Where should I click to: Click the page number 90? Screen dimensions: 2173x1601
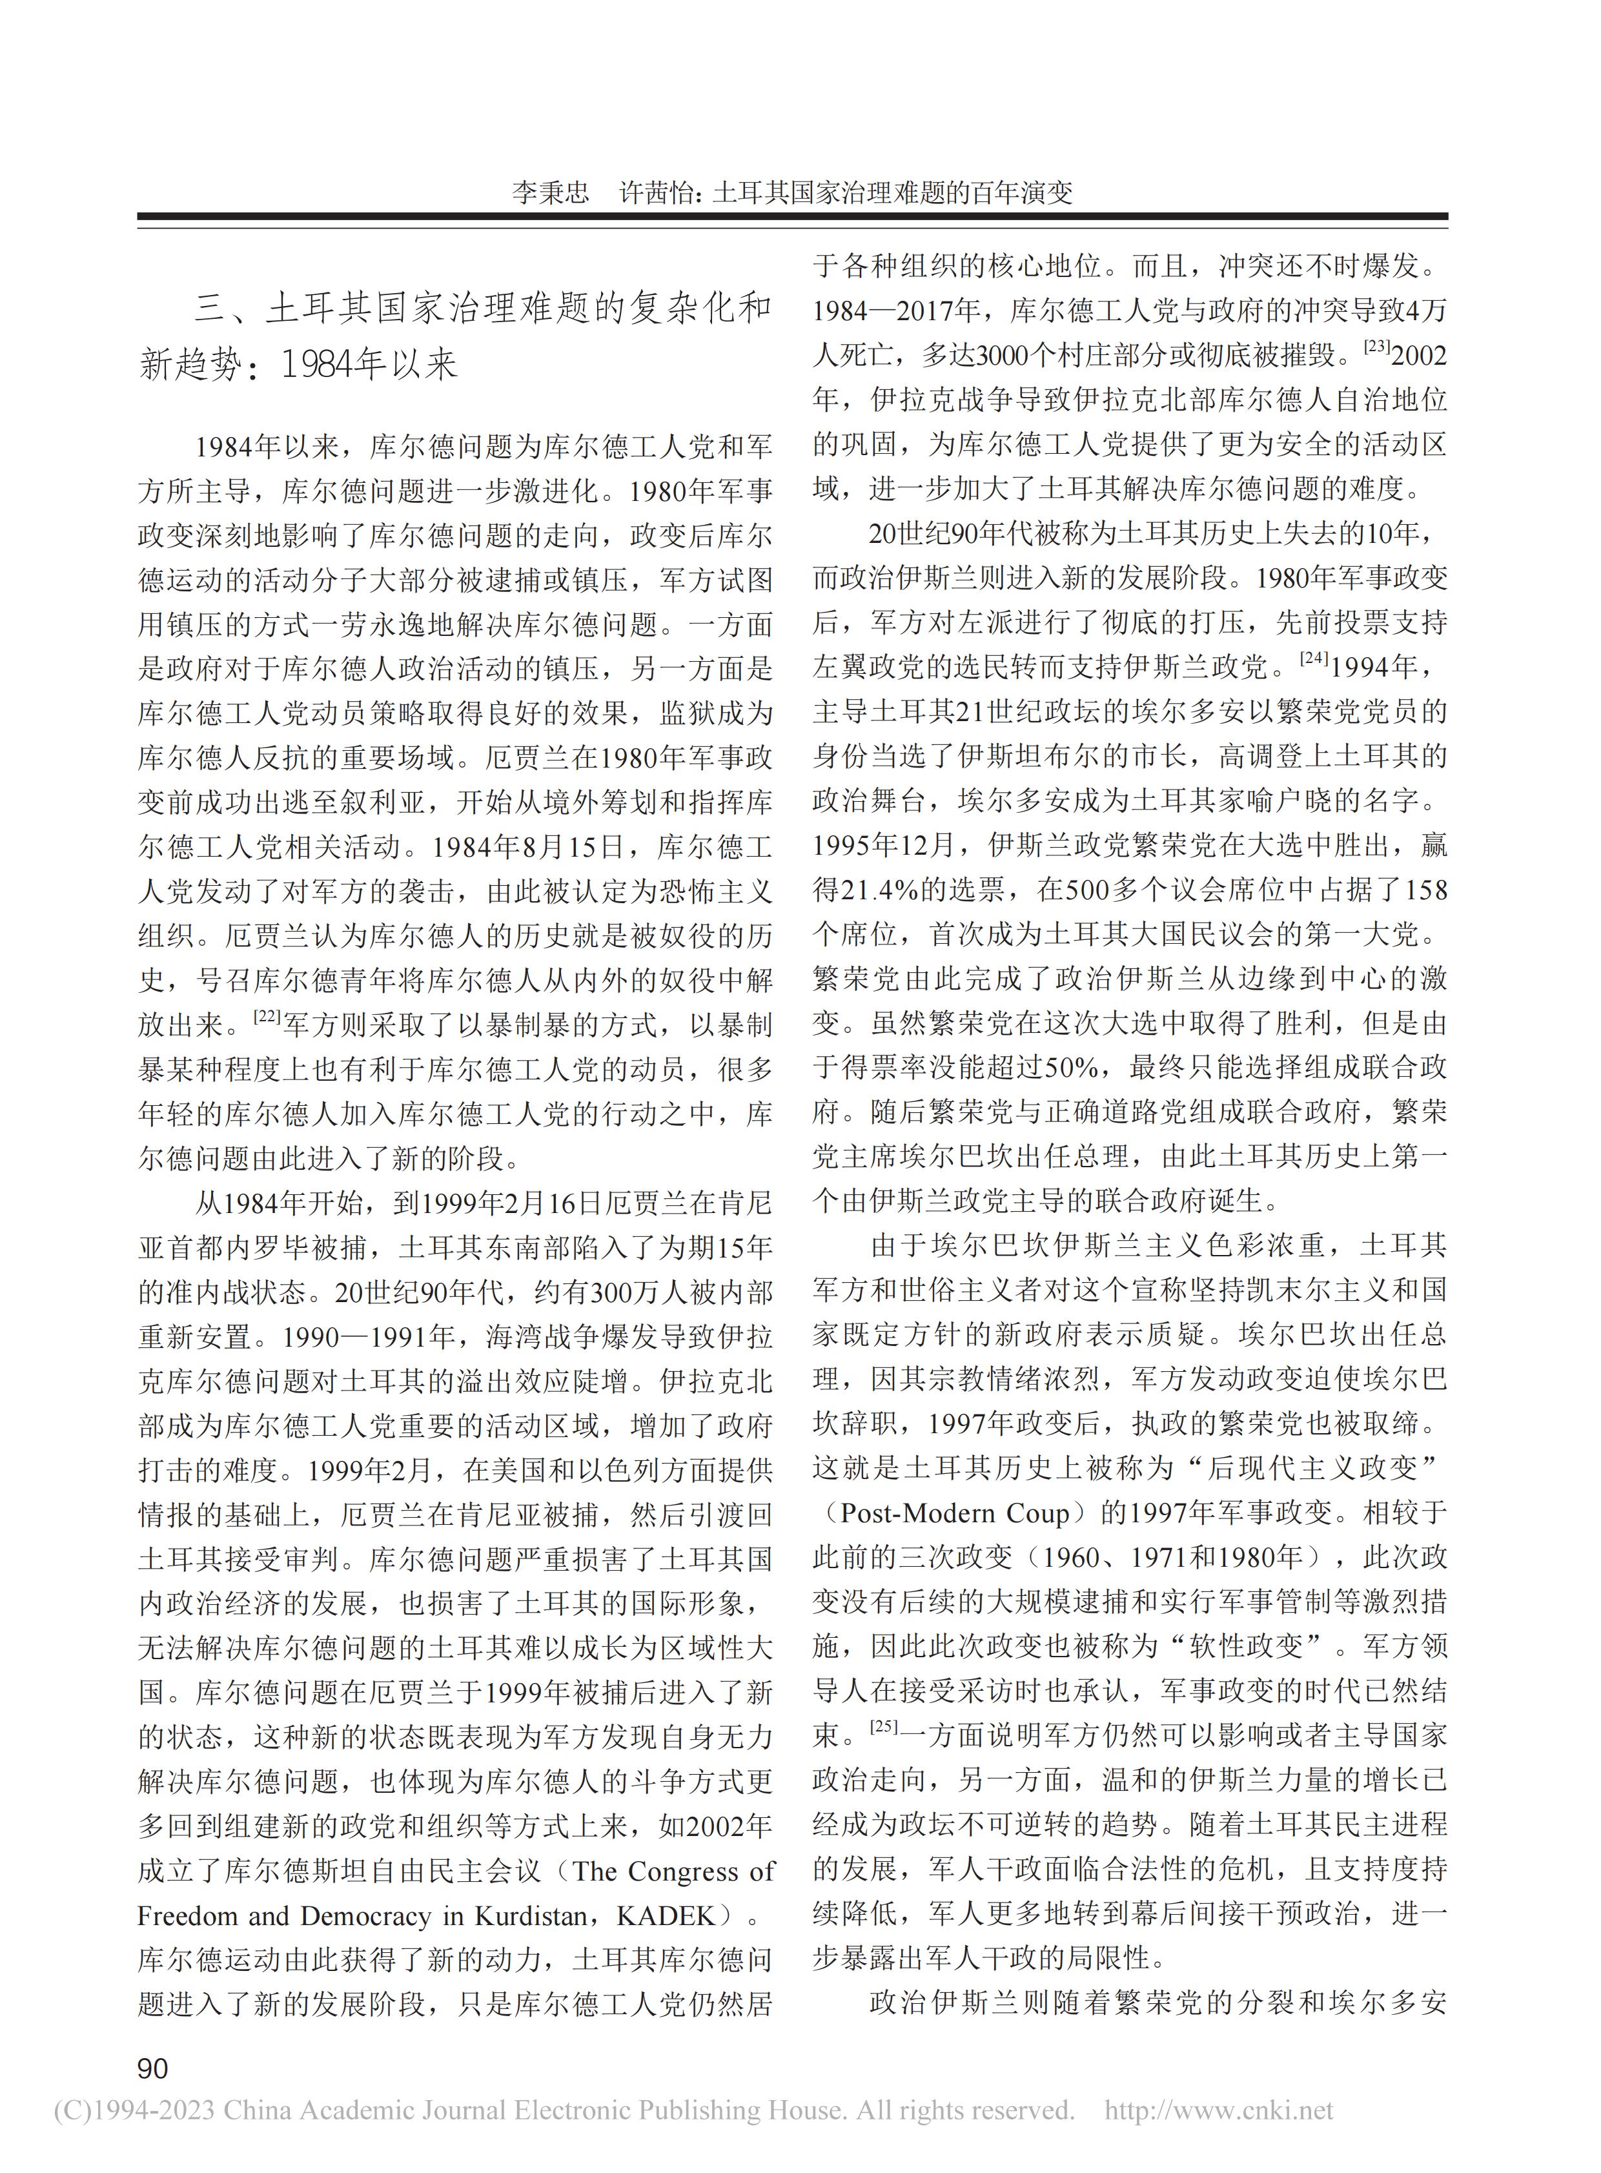click(x=153, y=2069)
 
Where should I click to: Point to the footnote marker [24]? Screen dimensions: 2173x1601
click(x=1313, y=658)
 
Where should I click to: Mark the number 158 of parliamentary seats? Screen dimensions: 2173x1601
click(x=1425, y=890)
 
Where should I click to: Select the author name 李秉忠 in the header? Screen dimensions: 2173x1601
click(x=551, y=192)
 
